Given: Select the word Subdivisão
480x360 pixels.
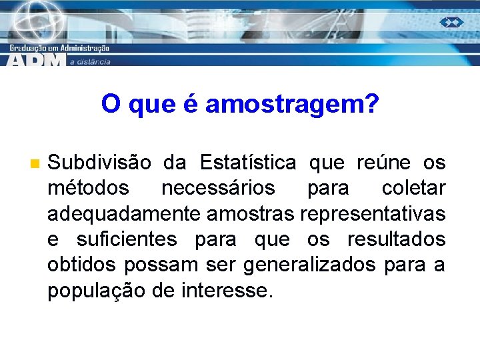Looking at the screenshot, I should tap(99, 163).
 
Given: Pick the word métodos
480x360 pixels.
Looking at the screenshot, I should tap(88, 189).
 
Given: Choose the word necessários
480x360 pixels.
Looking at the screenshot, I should tap(217, 189).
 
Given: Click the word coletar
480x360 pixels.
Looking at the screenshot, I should tap(413, 189).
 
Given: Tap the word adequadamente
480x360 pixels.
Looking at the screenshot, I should tap(125, 214).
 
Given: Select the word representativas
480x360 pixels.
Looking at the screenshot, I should tap(373, 214).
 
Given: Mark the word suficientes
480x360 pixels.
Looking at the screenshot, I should tap(127, 239).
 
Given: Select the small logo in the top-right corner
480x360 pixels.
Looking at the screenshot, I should tap(451, 22).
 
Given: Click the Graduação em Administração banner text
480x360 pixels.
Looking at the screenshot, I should tap(60, 48).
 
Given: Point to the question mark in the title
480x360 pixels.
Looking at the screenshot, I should tap(371, 104).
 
